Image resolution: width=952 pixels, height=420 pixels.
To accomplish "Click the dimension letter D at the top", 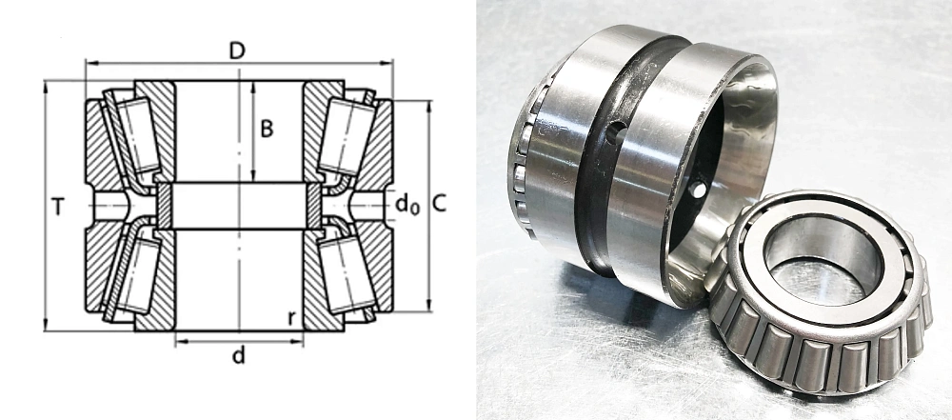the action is pos(237,51).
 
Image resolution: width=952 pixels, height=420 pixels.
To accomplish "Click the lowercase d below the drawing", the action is pos(239,355).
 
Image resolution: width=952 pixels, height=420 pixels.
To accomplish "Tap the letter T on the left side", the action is pos(58,208).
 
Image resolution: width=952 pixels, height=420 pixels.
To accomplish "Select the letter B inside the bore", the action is pos(267,129).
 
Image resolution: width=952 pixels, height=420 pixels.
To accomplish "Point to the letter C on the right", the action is pos(439,204).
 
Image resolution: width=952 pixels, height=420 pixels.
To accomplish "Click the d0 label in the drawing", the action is pos(407,205).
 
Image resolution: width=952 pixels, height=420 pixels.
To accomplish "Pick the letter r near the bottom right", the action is pos(292,318).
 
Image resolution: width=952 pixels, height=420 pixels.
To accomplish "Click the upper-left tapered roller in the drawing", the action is pos(139,135).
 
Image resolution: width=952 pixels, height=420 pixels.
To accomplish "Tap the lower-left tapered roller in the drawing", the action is pos(139,275).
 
